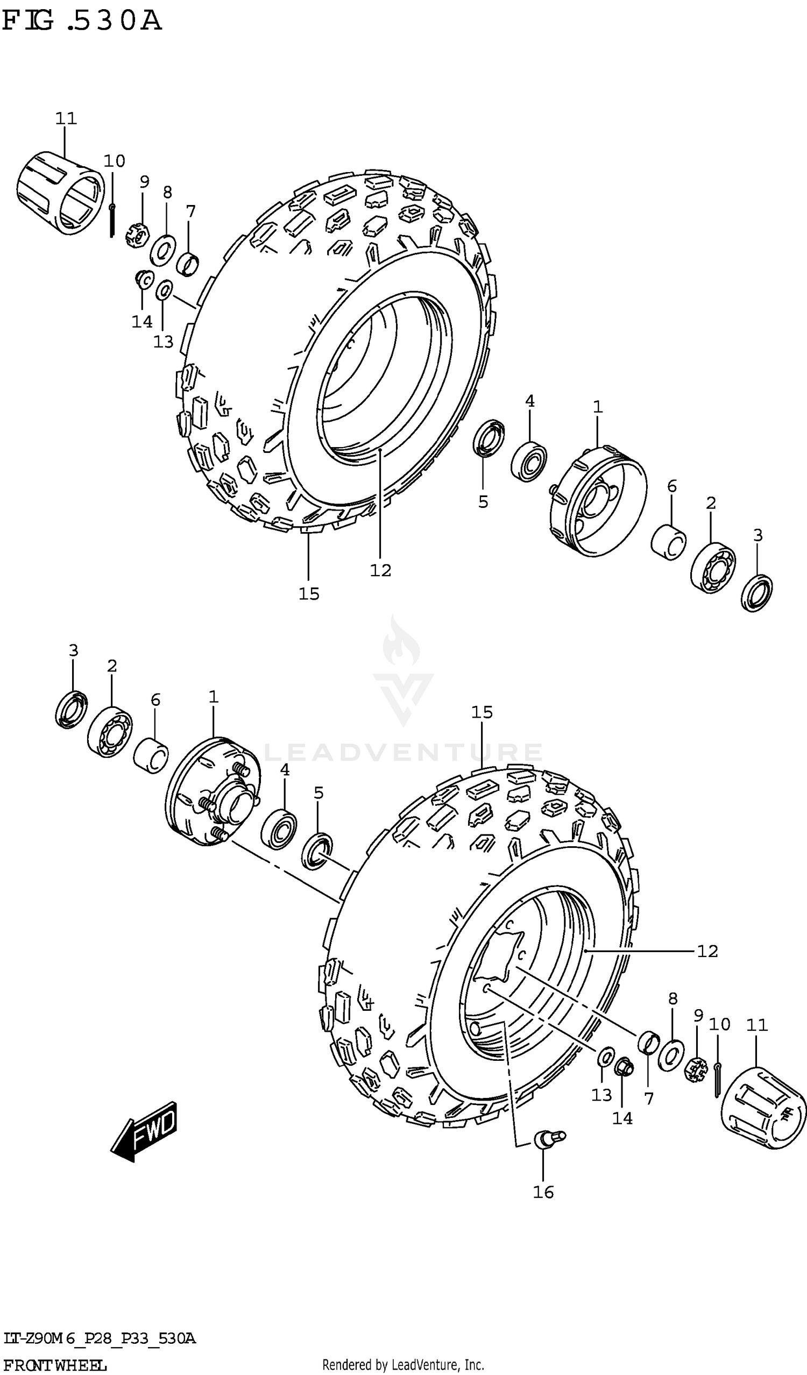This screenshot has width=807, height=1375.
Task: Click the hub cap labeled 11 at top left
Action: (60, 193)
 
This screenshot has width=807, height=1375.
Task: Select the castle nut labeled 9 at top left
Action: (138, 236)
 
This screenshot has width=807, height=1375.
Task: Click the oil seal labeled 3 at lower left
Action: (72, 709)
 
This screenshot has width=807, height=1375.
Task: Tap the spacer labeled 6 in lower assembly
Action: (151, 755)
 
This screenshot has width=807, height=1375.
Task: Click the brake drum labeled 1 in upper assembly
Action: (598, 500)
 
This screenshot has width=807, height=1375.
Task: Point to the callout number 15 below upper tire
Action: (309, 594)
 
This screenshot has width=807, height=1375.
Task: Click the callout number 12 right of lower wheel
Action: (707, 951)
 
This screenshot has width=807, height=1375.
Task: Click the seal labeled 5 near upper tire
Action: (489, 437)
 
